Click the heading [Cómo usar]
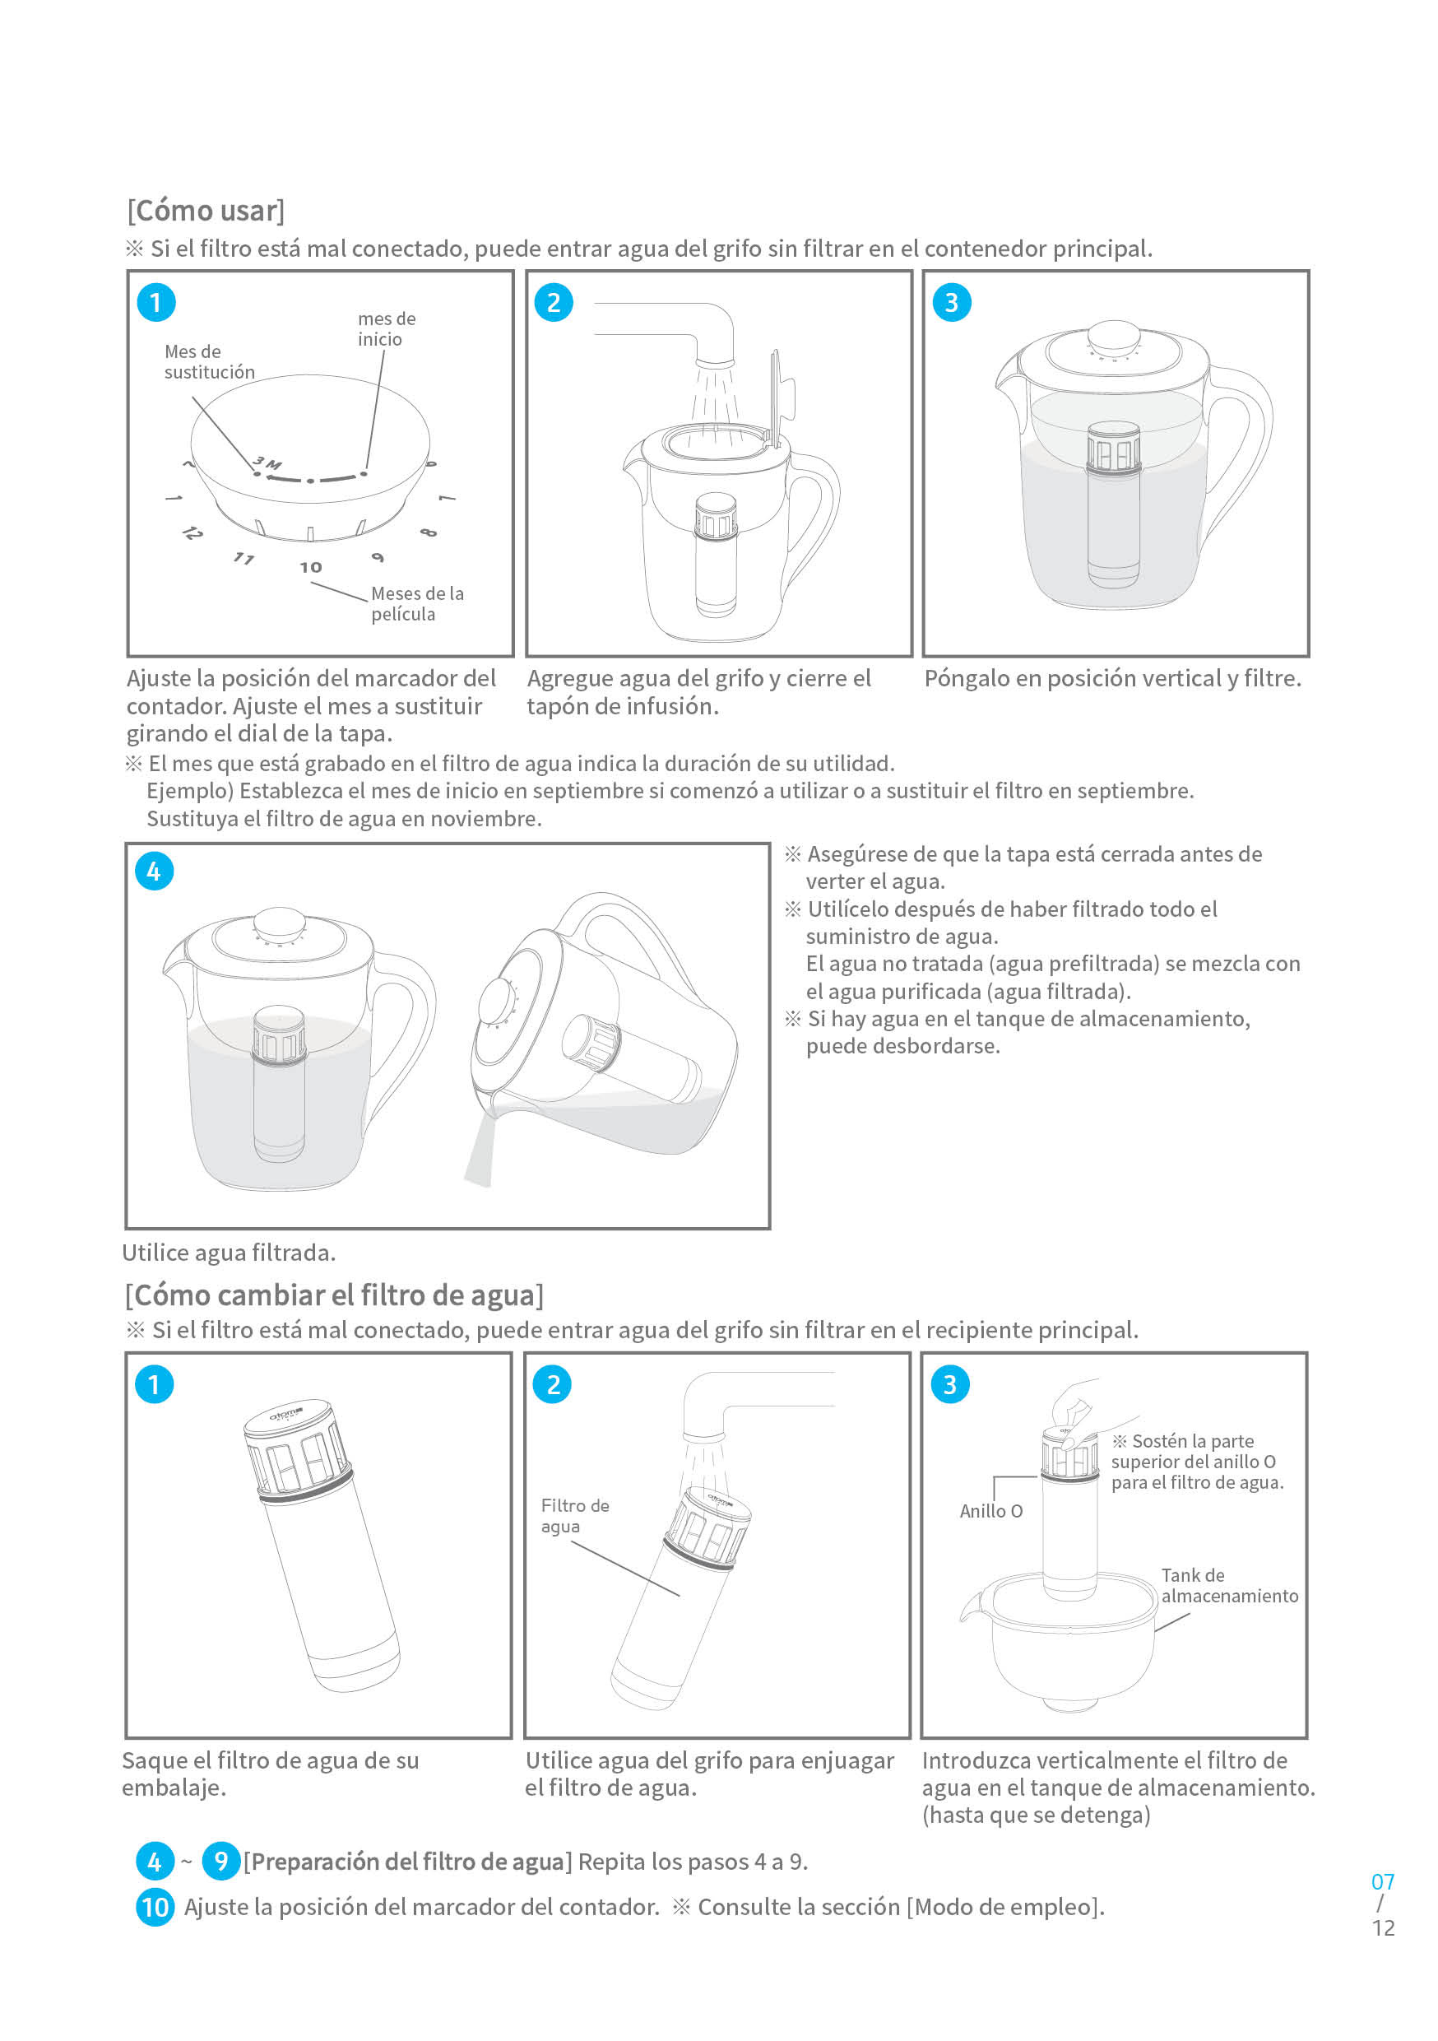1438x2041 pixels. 206,211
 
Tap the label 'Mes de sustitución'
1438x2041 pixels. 209,362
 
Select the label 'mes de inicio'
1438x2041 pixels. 387,329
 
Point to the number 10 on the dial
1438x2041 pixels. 310,567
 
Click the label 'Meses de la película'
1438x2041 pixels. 417,603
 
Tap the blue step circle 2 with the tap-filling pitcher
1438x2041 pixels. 553,302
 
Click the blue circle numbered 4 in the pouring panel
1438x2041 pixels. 154,872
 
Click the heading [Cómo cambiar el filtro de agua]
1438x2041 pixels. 334,1295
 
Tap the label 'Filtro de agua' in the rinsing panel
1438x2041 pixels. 574,1516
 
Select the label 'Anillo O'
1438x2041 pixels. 991,1511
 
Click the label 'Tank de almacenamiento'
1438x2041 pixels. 1228,1586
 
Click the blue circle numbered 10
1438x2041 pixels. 155,1907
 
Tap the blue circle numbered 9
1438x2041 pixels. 220,1862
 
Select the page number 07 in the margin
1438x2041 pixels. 1383,1882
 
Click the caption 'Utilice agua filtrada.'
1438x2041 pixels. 230,1253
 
